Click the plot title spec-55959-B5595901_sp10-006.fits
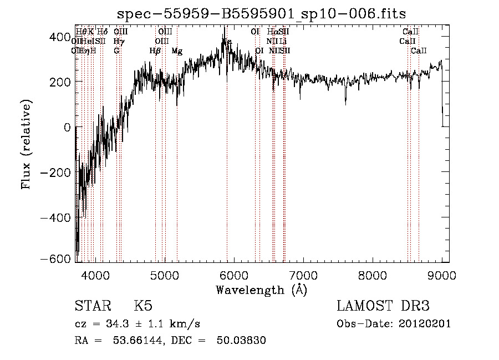(261, 15)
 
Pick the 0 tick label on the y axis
(67, 127)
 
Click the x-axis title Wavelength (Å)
(261, 290)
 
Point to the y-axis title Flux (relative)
(27, 144)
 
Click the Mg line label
(177, 51)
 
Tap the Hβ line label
(155, 51)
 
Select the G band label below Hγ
(116, 51)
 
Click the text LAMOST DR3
(383, 307)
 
